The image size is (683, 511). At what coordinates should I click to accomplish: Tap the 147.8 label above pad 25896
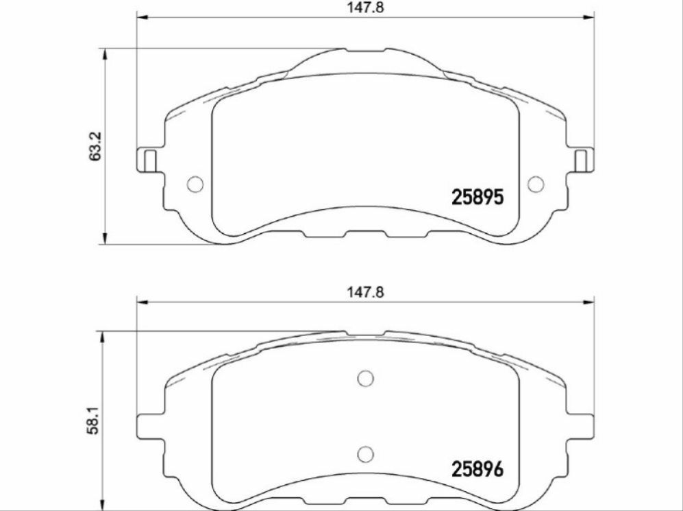pos(362,291)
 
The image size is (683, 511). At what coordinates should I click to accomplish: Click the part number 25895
pos(477,198)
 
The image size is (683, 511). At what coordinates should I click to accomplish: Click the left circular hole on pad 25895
pos(195,184)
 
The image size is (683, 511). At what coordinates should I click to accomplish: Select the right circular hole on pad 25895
pos(536,184)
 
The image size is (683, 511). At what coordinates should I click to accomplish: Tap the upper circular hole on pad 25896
pos(365,378)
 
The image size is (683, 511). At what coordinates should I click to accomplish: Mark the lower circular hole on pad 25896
pos(365,453)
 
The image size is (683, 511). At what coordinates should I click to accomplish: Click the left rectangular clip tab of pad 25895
pos(147,160)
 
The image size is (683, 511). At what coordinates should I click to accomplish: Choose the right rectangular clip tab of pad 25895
pos(582,160)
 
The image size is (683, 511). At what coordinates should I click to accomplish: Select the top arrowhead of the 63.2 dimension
pos(104,54)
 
